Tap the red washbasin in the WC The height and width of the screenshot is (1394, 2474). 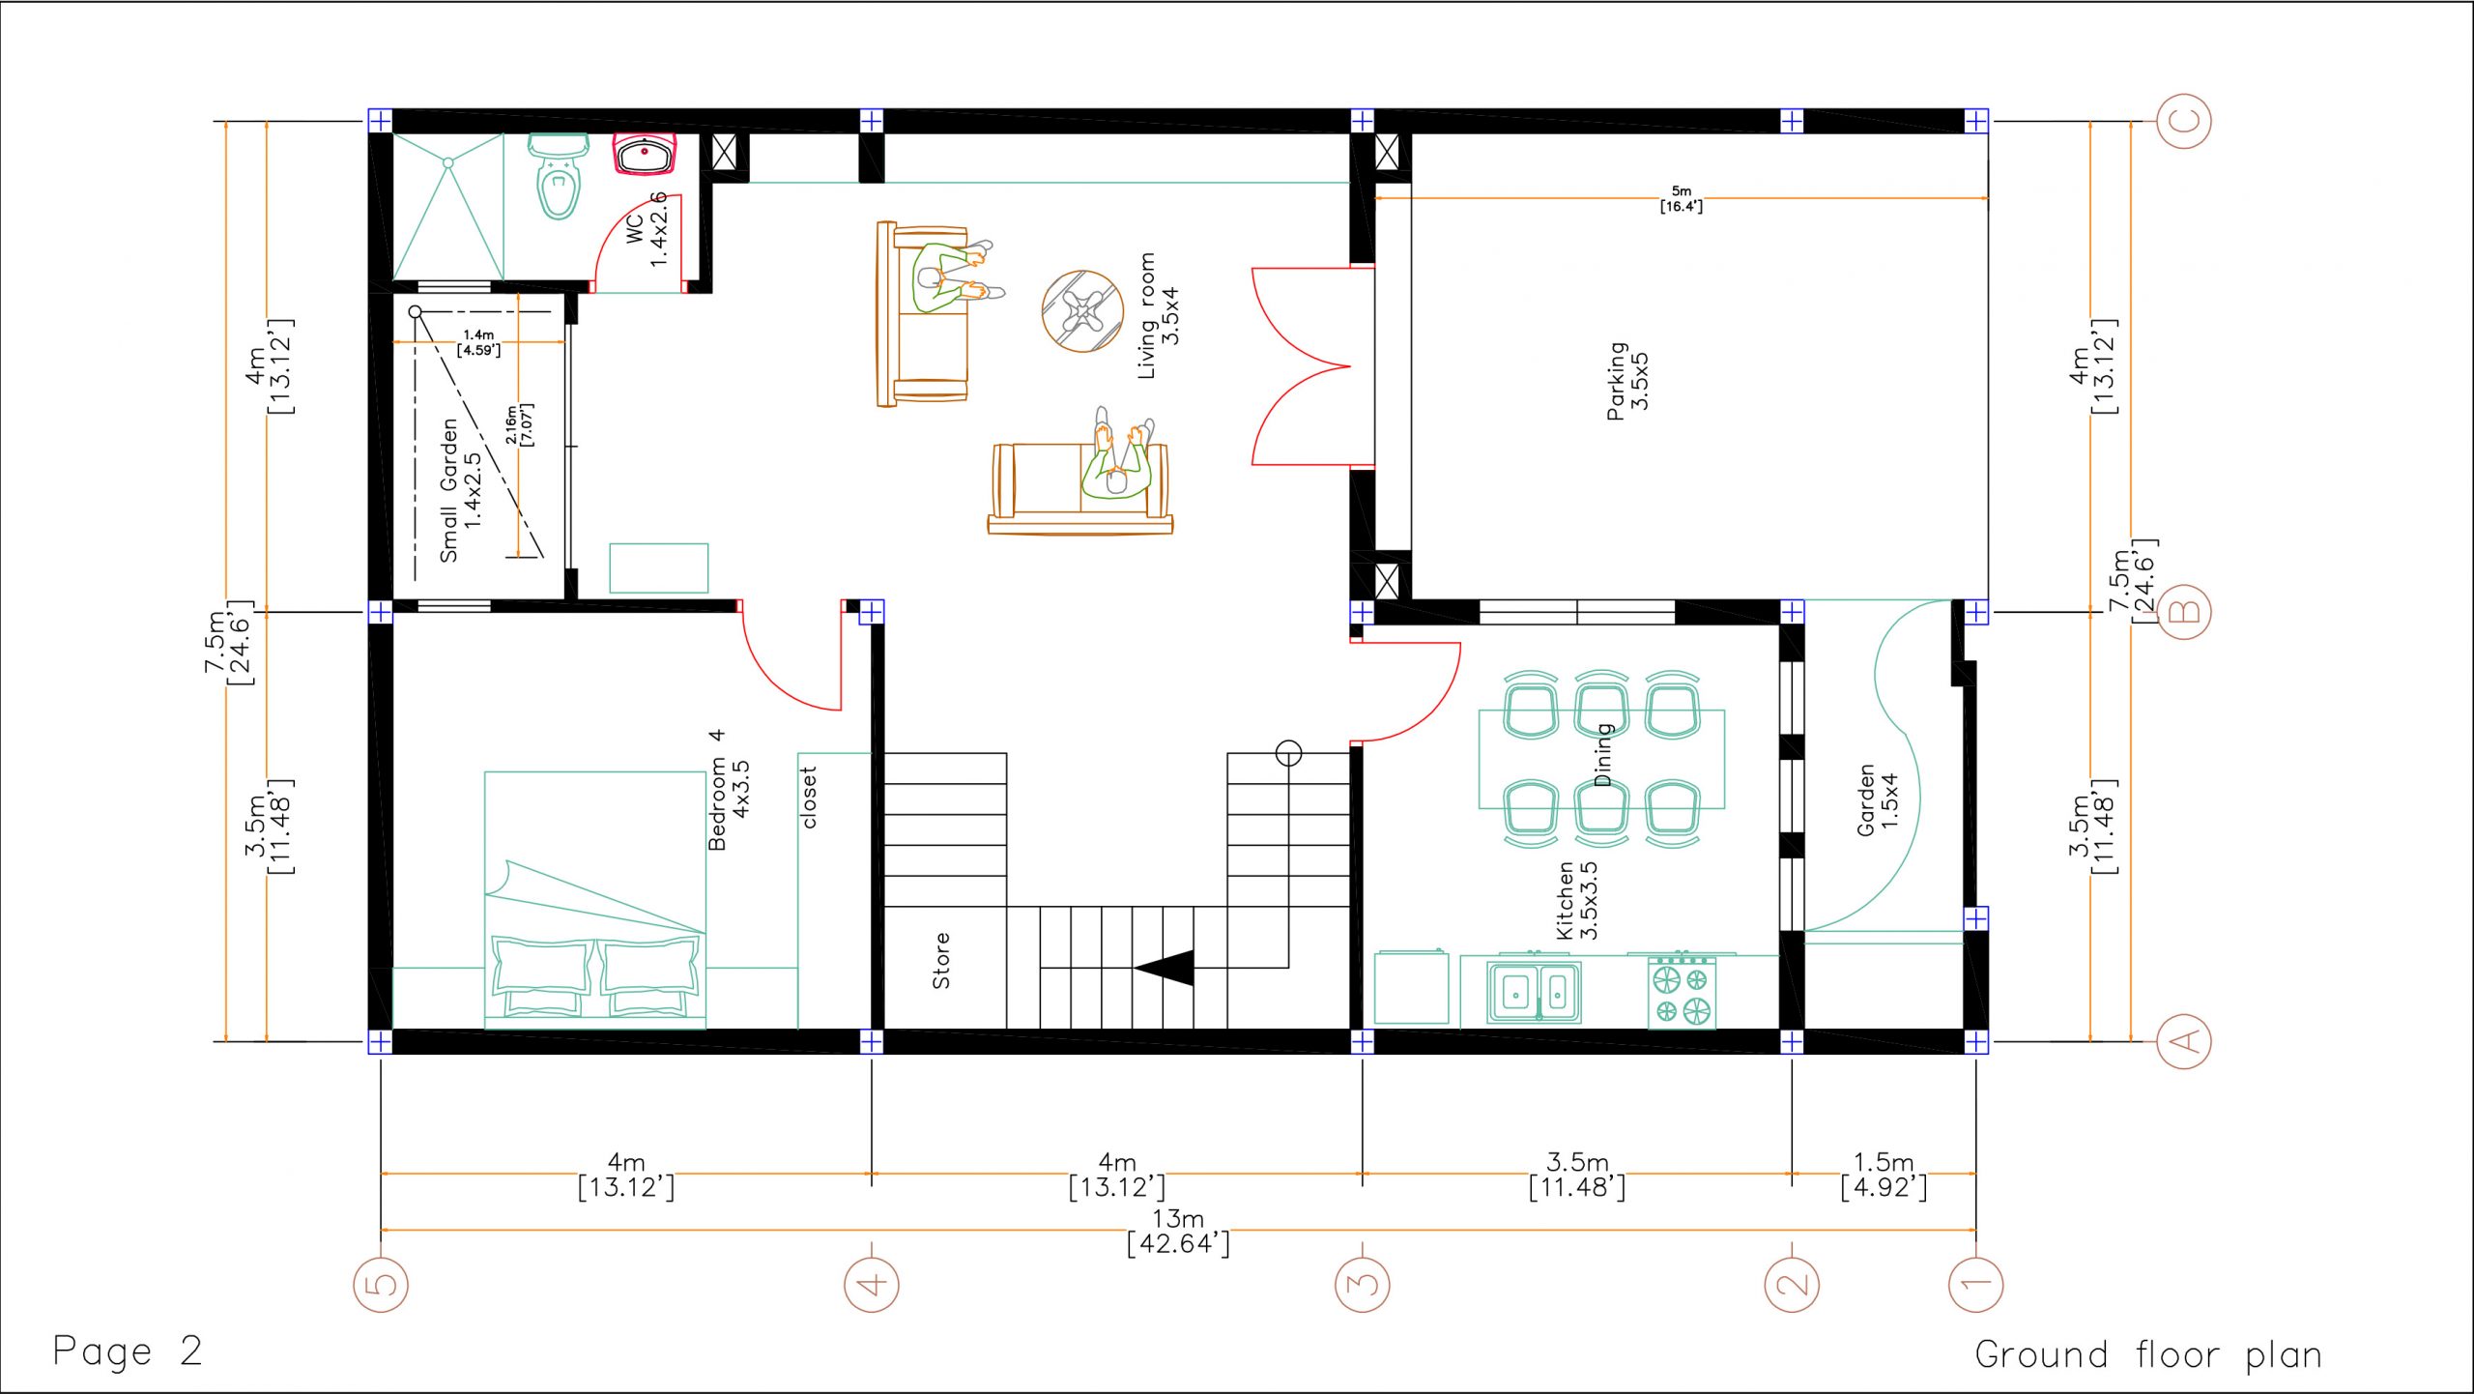point(644,155)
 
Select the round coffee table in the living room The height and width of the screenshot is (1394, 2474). point(1082,311)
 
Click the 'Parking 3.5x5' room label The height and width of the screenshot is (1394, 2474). point(1627,380)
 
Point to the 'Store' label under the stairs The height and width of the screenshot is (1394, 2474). point(940,960)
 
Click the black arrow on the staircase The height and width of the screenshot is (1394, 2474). point(1165,967)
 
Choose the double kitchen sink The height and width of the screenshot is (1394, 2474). point(1536,990)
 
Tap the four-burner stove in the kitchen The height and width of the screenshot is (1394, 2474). point(1682,992)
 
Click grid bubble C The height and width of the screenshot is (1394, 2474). point(2184,121)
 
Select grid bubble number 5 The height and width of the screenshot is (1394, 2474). point(381,1285)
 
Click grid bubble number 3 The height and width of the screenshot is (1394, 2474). point(1363,1285)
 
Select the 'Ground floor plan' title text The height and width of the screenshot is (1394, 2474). point(2147,1354)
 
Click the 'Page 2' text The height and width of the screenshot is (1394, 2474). point(128,1350)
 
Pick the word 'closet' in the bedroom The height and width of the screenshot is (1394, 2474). point(809,798)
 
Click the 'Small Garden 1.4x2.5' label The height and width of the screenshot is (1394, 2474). point(461,491)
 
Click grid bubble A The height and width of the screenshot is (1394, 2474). point(2184,1041)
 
